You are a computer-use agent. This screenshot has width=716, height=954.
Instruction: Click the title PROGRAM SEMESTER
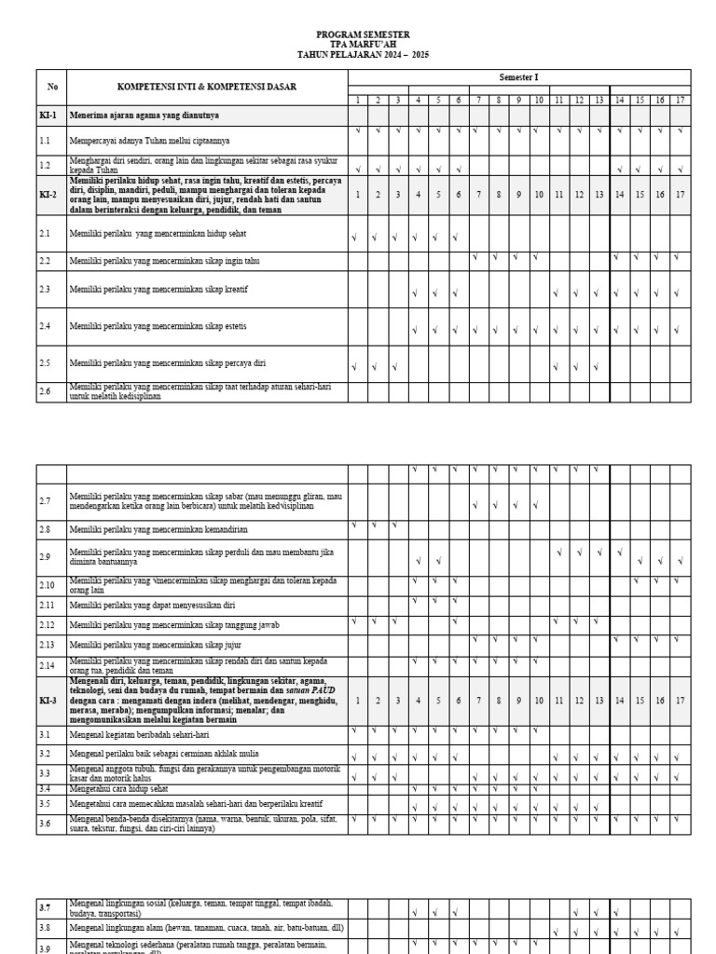coord(363,34)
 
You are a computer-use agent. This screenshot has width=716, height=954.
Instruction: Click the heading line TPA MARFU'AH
coord(363,44)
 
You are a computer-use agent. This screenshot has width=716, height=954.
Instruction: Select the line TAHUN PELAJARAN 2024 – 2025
coord(363,55)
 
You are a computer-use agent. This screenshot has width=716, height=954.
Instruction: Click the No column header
coord(52,87)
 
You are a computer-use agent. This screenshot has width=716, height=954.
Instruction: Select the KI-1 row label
coord(48,116)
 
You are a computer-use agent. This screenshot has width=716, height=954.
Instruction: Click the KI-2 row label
coord(48,195)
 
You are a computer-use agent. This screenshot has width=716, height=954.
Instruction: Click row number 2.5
coord(45,363)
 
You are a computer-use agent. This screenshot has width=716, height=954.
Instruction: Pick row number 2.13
coord(47,644)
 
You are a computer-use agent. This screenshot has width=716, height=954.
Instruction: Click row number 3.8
coord(45,928)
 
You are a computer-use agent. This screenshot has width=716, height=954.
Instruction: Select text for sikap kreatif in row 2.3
coord(158,290)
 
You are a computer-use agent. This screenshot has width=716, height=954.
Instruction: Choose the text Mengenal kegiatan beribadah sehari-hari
coord(141,734)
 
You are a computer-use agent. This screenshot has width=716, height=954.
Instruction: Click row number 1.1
coord(45,141)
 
